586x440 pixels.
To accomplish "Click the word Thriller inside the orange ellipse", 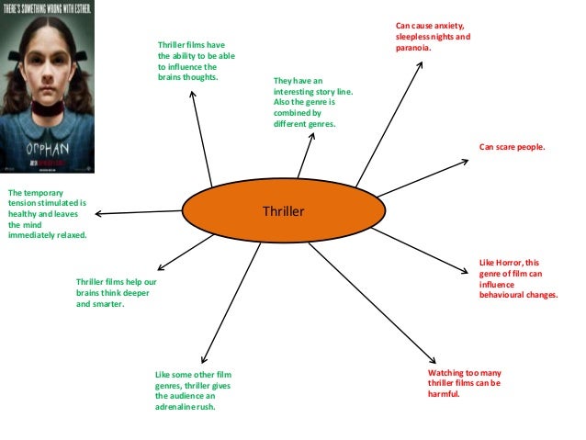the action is tap(283, 212).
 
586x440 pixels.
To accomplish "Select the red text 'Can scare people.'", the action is tap(512, 146).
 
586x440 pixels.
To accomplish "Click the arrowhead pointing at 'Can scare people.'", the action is tap(467, 163).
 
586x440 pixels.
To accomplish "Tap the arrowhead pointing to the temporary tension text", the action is tap(98, 214).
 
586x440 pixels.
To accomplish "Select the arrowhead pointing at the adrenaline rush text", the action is tap(204, 358).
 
